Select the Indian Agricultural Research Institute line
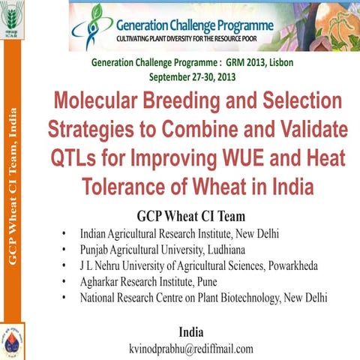179,233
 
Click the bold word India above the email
192,331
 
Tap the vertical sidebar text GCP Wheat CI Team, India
13,187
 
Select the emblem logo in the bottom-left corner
13,342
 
